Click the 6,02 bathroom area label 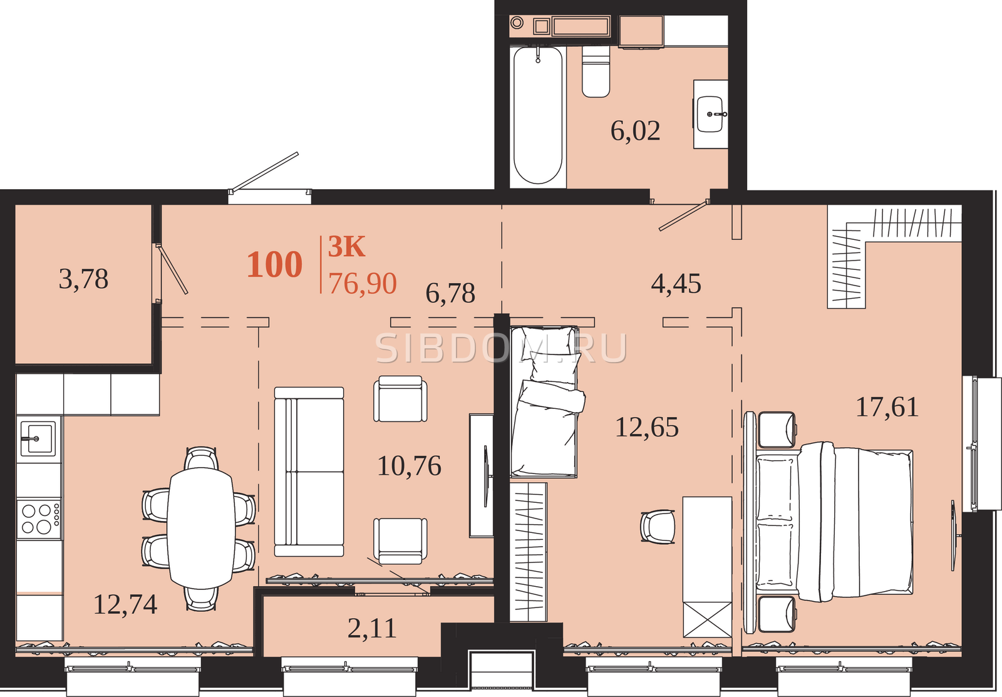635,131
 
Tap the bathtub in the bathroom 538,115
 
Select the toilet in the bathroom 596,71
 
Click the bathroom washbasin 710,113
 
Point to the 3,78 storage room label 84,279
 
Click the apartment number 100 275,264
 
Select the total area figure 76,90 363,284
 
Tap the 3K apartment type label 347,247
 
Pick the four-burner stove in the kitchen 38,519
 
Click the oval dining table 201,528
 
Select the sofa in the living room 309,472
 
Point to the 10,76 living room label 410,466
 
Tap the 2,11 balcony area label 372,629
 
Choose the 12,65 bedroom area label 647,427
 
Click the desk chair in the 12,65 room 658,527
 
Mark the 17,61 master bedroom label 887,408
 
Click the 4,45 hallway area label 676,284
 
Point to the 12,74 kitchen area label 125,604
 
